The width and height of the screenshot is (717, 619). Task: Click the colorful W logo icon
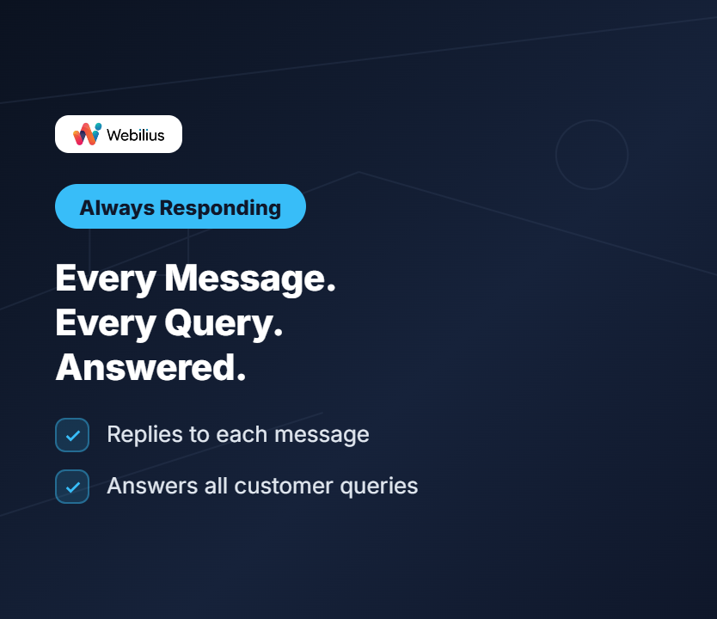pos(88,134)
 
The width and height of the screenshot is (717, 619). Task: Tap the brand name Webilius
pos(135,135)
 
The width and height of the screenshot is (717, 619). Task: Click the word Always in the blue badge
pos(117,208)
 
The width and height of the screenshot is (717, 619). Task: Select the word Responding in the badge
pos(220,208)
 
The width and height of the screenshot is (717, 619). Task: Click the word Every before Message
pos(106,279)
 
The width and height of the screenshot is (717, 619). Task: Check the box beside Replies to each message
pos(72,435)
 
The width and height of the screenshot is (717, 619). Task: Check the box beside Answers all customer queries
pos(72,487)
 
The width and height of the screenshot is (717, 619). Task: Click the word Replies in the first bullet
pos(145,435)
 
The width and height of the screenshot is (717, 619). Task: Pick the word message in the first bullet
pos(322,435)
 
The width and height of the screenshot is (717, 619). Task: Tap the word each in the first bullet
pos(242,434)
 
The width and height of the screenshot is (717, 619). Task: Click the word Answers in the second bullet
pos(152,486)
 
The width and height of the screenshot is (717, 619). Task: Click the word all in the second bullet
pos(216,485)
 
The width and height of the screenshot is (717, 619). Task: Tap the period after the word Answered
pos(242,377)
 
